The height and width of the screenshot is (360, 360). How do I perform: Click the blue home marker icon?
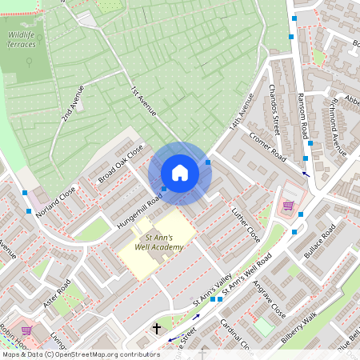[x=180, y=173]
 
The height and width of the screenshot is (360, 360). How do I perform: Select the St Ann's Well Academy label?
[x=159, y=242]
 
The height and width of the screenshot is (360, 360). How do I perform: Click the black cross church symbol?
[x=156, y=329]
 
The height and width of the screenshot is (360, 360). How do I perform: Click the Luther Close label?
[x=246, y=226]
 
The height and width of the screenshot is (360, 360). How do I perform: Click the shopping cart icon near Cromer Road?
[x=288, y=206]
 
